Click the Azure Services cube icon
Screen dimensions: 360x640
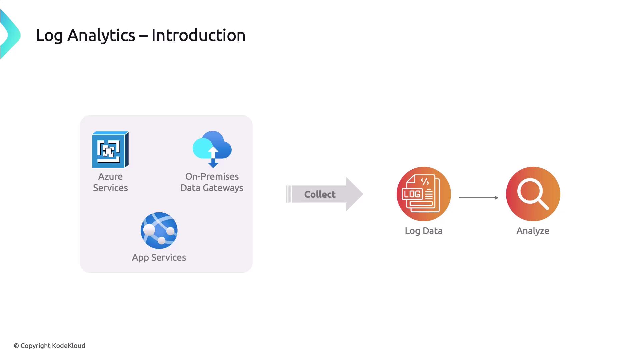pyautogui.click(x=110, y=150)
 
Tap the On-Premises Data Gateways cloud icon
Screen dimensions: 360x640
pyautogui.click(x=212, y=149)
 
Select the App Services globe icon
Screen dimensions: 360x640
pyautogui.click(x=159, y=230)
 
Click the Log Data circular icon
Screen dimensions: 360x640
pyautogui.click(x=424, y=194)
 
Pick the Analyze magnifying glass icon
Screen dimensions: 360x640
pyautogui.click(x=533, y=194)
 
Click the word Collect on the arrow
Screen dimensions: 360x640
pyautogui.click(x=320, y=194)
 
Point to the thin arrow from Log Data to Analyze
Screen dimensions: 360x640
pyautogui.click(x=478, y=198)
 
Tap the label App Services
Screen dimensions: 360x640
pyautogui.click(x=159, y=258)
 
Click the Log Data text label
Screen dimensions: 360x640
pyautogui.click(x=423, y=231)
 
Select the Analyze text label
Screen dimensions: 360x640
pyautogui.click(x=533, y=231)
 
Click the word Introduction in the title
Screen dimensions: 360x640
pyautogui.click(x=198, y=35)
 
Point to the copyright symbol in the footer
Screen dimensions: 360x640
pyautogui.click(x=16, y=346)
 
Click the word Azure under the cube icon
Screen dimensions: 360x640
pyautogui.click(x=110, y=177)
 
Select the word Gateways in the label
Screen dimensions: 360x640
pyautogui.click(x=223, y=188)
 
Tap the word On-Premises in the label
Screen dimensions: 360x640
pyautogui.click(x=212, y=177)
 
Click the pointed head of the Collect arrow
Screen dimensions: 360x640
pyautogui.click(x=355, y=194)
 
